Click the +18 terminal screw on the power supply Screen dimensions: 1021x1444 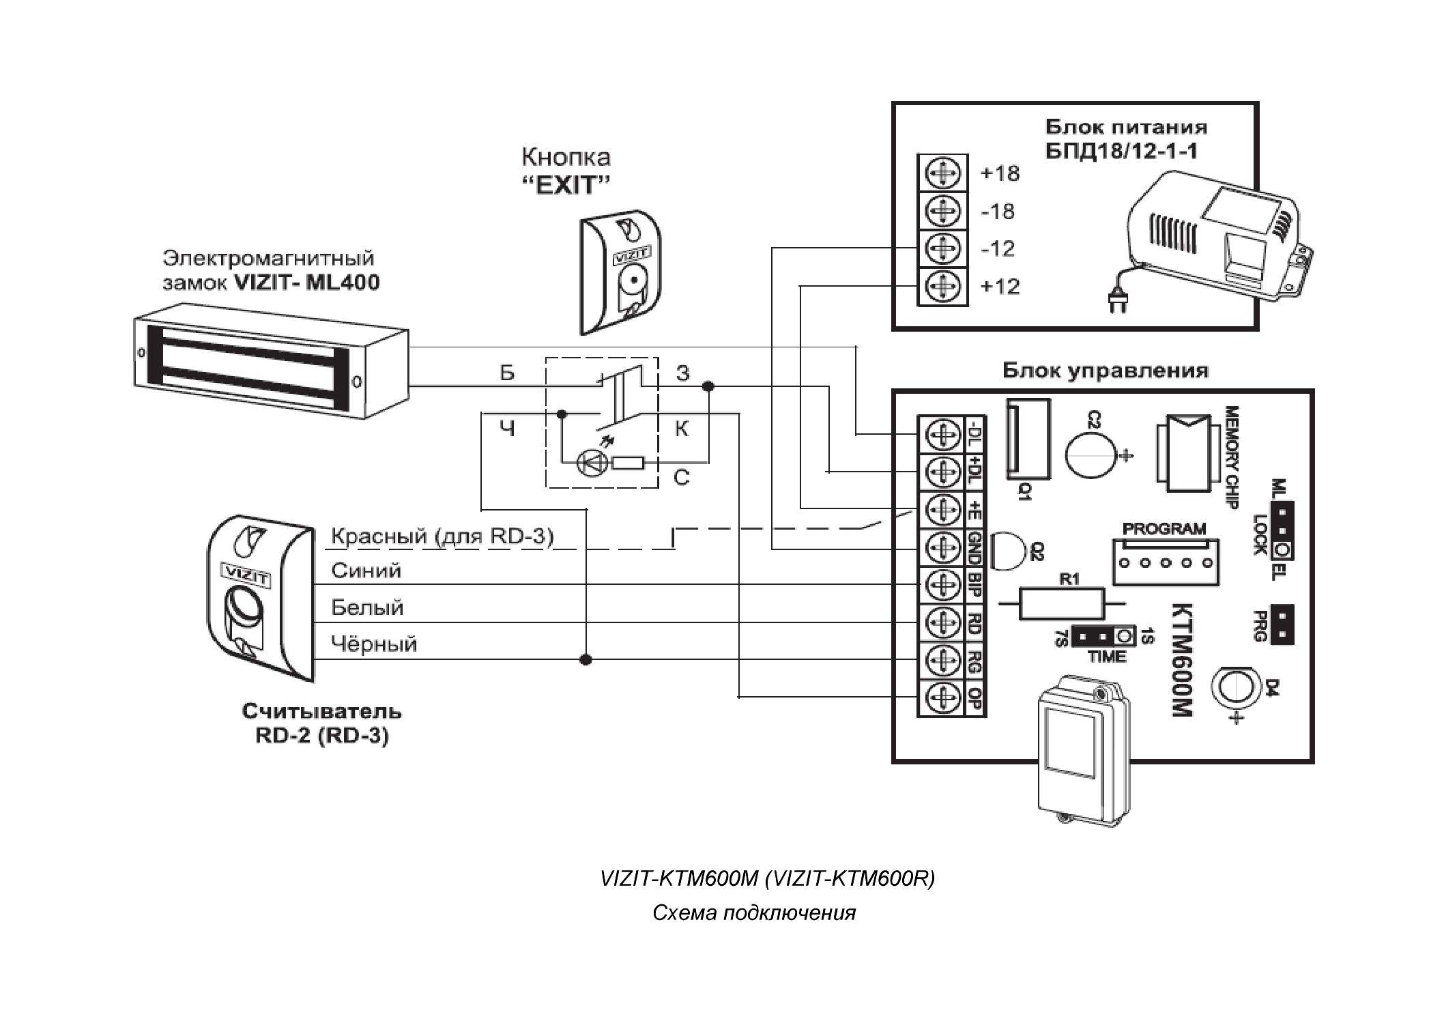point(942,173)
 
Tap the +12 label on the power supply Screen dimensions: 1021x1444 point(1000,286)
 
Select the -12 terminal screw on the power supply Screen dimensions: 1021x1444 point(942,248)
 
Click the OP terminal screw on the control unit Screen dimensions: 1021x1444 point(942,698)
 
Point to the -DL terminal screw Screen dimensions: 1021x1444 point(942,435)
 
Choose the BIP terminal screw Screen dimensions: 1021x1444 point(942,585)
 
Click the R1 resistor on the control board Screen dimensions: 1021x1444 point(1061,603)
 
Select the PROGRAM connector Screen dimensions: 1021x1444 point(1166,562)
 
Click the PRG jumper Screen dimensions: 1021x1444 point(1283,624)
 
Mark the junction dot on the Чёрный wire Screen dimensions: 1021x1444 point(586,659)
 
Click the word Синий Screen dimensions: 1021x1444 point(366,571)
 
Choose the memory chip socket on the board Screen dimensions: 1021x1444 point(1187,453)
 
